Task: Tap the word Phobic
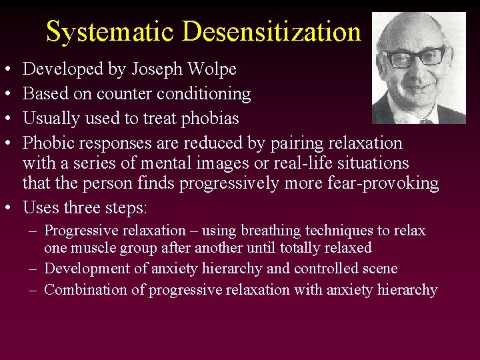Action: [x=49, y=143]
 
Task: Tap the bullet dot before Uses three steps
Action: [x=5, y=208]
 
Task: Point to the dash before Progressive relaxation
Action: [x=33, y=231]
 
